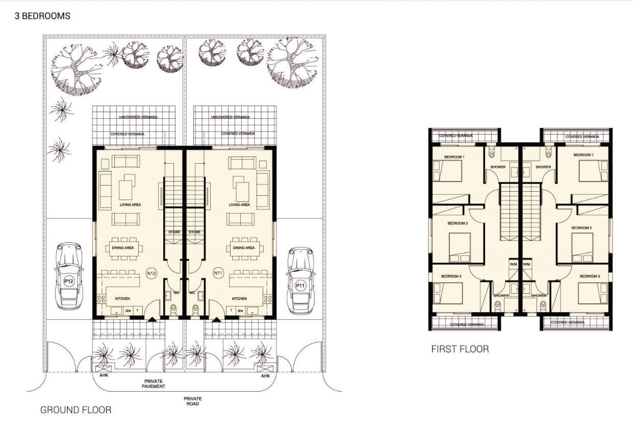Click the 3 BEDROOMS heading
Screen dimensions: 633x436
(42, 16)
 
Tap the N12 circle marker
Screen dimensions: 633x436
(151, 273)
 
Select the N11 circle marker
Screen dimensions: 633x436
(218, 273)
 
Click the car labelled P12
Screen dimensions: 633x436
(69, 276)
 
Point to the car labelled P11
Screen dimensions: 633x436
(300, 280)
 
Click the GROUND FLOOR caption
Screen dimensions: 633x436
(75, 410)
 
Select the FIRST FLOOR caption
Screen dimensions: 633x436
(460, 349)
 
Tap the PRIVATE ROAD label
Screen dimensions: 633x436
(193, 401)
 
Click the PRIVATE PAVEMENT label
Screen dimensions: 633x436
(154, 383)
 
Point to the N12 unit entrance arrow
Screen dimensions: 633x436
(153, 319)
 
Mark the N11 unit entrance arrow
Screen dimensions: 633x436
(217, 319)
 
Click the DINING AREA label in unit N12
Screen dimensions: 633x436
(123, 248)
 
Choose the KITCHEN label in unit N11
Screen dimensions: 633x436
(239, 299)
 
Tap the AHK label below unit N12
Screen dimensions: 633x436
(104, 376)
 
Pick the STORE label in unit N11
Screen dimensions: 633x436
(194, 232)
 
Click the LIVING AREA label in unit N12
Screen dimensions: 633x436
(130, 204)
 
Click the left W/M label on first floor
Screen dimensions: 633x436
(514, 265)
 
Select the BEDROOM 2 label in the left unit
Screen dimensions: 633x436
(458, 223)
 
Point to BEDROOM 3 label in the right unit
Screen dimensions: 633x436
(590, 276)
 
